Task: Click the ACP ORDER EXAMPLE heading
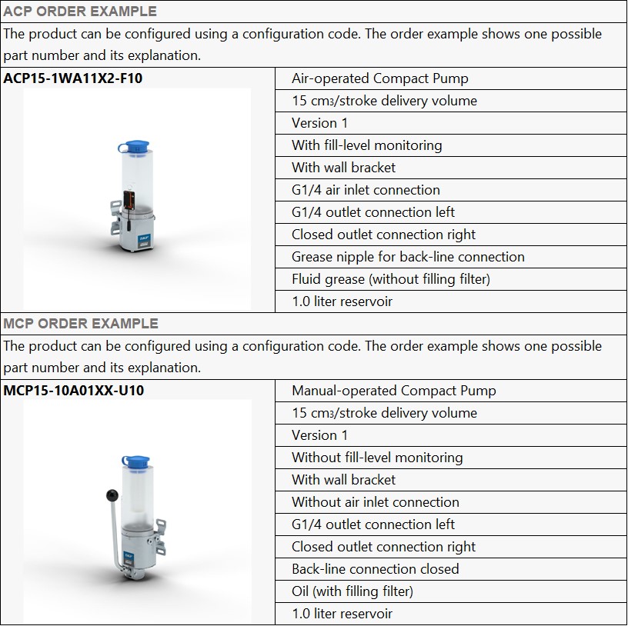click(x=79, y=12)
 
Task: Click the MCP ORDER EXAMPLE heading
click(x=81, y=324)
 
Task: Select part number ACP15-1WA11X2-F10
click(x=73, y=78)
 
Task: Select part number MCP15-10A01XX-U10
click(x=73, y=391)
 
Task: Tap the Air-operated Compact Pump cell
click(x=379, y=78)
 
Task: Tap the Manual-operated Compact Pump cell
click(x=393, y=391)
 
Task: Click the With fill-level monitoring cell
click(x=366, y=145)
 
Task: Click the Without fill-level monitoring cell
click(x=377, y=458)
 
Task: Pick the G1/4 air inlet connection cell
click(x=366, y=190)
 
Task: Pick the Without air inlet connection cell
click(x=375, y=502)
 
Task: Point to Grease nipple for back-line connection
click(x=408, y=257)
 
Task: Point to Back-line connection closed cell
click(x=375, y=569)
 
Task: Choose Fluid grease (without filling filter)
click(x=390, y=279)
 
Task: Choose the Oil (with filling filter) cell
click(x=352, y=591)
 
